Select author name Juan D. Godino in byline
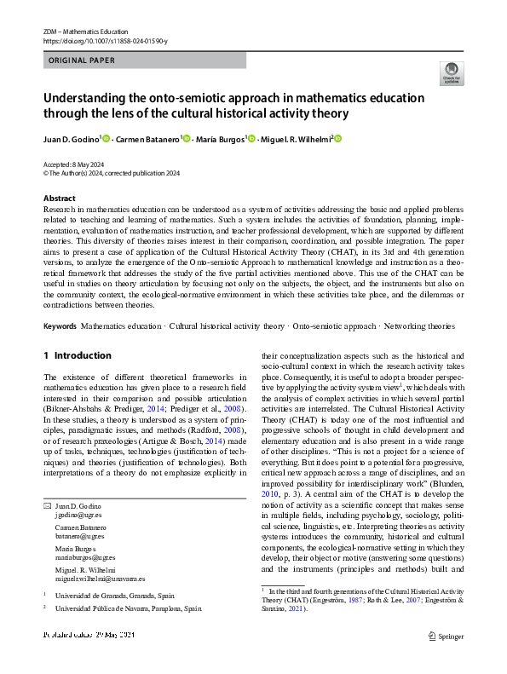[x=72, y=138]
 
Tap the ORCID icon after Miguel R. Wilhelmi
[x=337, y=138]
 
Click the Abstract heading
[x=59, y=198]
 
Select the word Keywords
[x=60, y=326]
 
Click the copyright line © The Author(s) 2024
[x=112, y=173]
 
